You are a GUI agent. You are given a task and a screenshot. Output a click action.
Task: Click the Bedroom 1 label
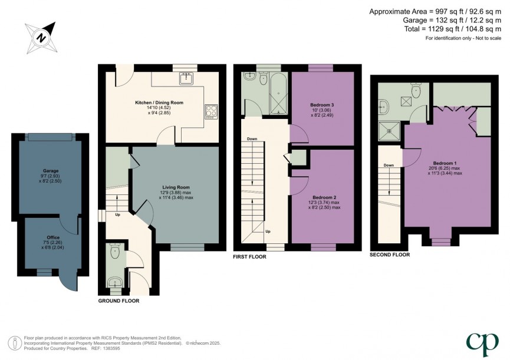[445, 163]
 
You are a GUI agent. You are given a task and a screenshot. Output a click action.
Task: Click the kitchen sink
[187, 78]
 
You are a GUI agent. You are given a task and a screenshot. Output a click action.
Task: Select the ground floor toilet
[116, 253]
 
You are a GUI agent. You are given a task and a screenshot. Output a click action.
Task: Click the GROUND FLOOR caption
[119, 300]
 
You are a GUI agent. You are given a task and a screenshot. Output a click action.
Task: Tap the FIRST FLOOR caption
[250, 257]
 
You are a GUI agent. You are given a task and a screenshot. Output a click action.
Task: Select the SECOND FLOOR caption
[389, 255]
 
